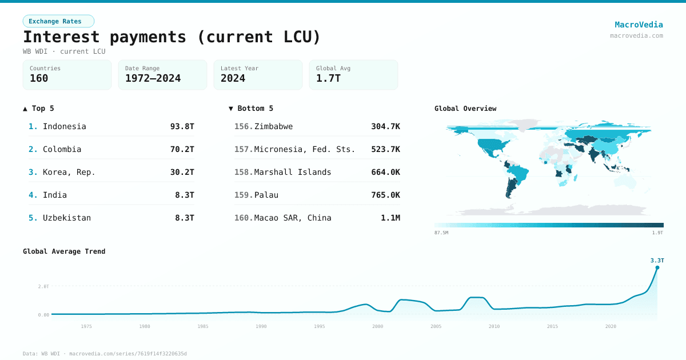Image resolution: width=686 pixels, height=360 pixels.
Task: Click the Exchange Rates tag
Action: click(x=58, y=21)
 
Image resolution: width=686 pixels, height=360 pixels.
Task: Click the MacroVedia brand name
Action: click(x=639, y=25)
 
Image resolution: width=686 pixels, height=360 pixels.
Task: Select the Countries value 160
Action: click(x=39, y=78)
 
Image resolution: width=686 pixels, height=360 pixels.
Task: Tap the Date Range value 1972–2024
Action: click(x=153, y=78)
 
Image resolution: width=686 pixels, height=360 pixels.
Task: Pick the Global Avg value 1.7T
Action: click(x=328, y=78)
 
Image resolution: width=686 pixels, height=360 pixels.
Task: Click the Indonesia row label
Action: click(x=64, y=126)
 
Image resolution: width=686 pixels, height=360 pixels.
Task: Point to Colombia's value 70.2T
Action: click(x=182, y=149)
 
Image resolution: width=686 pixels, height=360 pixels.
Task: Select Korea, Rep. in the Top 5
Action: click(x=69, y=172)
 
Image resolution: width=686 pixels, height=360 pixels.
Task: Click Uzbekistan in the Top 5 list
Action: click(x=66, y=218)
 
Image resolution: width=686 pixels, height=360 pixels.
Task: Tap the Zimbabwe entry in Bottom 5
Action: click(x=273, y=126)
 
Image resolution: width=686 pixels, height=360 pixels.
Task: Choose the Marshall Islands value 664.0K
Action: click(x=385, y=172)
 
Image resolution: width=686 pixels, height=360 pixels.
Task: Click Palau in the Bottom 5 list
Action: click(x=266, y=195)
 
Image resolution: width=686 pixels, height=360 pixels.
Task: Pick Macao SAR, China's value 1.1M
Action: click(x=390, y=218)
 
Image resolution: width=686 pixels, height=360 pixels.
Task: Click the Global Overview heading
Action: click(x=465, y=109)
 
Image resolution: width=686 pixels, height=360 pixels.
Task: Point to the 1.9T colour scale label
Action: click(x=657, y=233)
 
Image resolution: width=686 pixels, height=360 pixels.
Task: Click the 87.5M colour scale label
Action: click(x=441, y=233)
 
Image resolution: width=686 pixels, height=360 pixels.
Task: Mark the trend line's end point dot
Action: click(x=657, y=267)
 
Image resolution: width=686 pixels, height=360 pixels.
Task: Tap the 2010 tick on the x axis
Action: click(x=494, y=326)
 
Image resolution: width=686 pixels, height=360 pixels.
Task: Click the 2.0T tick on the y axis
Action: click(x=43, y=286)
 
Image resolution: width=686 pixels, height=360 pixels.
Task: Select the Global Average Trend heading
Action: click(x=64, y=251)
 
